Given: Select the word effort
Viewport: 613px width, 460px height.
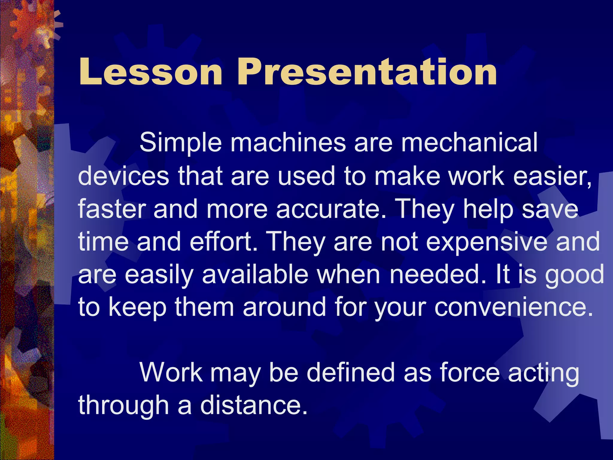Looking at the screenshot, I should pos(223,241).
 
